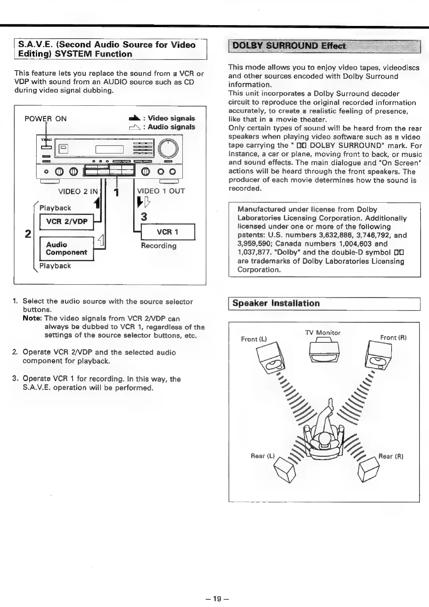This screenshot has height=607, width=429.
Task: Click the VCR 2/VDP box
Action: (x=67, y=222)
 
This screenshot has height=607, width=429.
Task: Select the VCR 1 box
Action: (x=167, y=232)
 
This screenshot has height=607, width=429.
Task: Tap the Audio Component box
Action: (x=66, y=248)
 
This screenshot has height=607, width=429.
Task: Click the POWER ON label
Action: (x=45, y=119)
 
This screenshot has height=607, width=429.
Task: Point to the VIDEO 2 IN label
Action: (x=78, y=191)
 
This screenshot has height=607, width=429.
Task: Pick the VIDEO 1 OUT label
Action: (x=161, y=191)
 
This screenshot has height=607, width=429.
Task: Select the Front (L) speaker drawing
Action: (x=270, y=358)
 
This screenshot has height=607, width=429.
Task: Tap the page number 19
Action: (x=216, y=598)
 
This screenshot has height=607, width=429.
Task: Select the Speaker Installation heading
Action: (x=276, y=303)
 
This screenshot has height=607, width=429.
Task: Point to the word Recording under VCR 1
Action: (x=159, y=246)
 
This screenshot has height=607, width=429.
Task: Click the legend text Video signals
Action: (x=171, y=118)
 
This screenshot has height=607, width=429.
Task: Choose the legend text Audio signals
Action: (x=171, y=127)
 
